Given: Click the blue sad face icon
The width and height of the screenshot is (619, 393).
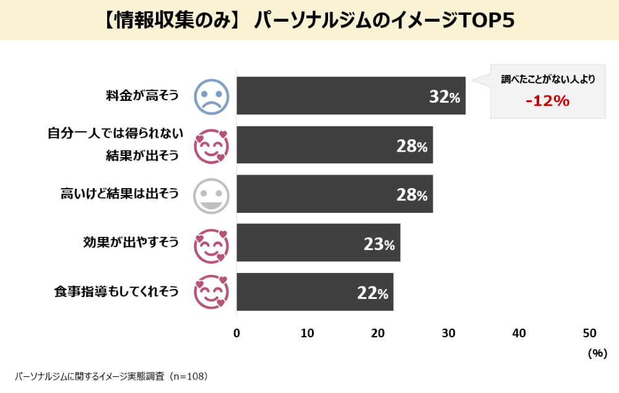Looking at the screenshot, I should (x=212, y=96).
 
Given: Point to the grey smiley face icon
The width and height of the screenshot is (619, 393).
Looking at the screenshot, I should (x=212, y=194).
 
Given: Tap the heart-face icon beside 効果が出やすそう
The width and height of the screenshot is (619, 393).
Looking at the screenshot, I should (x=212, y=243).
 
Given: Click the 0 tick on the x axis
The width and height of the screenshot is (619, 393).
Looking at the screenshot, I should (x=237, y=333).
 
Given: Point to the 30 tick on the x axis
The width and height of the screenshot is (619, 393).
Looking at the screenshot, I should (x=449, y=333).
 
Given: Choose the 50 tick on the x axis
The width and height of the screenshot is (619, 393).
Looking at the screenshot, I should (x=590, y=333).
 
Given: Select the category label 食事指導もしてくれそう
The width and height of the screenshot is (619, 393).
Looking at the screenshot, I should (x=116, y=292).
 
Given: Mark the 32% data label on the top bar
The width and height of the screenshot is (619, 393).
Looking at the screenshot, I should (x=444, y=97).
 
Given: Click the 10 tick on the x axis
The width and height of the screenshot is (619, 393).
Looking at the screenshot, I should (x=308, y=333).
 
